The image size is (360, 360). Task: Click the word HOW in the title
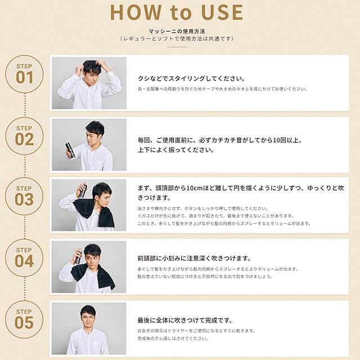136,12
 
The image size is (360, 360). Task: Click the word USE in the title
222,12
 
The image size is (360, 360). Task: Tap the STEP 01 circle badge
24,74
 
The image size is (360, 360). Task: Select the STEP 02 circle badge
24,136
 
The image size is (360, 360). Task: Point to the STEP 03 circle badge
24,196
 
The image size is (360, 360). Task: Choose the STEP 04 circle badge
24,258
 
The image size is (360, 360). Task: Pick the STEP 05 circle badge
24,319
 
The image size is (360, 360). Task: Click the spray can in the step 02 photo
70,151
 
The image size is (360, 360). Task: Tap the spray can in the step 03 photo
83,191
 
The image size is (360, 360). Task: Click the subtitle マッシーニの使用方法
177,31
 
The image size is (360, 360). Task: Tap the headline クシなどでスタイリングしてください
191,79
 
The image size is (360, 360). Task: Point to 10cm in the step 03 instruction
195,188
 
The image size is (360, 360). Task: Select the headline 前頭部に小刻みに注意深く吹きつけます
194,259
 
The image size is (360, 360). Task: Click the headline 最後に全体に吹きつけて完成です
185,320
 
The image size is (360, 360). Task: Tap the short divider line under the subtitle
177,47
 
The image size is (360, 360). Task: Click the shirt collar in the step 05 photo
88,330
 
